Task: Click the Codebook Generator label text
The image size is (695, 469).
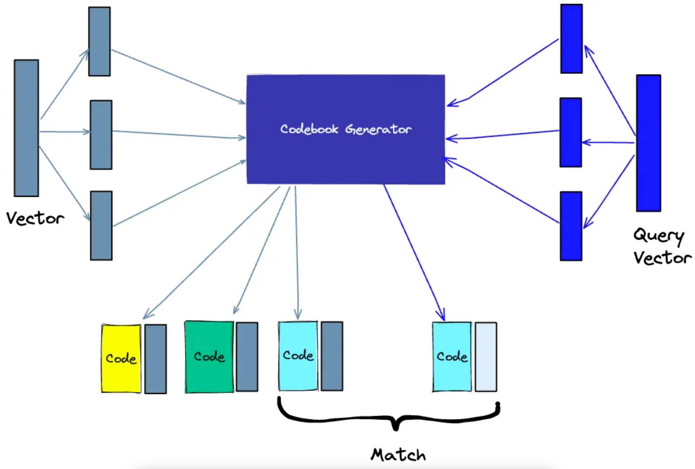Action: coord(346,129)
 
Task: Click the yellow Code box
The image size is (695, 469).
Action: coord(121,358)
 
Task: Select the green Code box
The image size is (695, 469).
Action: coord(209,357)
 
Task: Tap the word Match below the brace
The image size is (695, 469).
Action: coord(398,455)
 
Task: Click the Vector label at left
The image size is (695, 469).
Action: coord(35,218)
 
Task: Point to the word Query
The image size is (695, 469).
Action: coord(659,236)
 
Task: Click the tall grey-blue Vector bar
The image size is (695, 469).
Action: coord(26,128)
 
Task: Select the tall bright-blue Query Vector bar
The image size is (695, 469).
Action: coord(648,143)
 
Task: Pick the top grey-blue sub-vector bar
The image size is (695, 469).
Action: coord(99,41)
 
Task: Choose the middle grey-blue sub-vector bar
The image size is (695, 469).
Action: coord(101,135)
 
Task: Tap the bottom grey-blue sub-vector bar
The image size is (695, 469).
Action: coord(101,226)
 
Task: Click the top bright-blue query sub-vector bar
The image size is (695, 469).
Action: coord(571,39)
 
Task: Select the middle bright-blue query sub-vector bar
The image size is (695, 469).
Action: coord(571,132)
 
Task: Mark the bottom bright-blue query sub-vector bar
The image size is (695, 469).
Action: coord(571,226)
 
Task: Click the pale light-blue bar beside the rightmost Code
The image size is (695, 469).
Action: coord(486,357)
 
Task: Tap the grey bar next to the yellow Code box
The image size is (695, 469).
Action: coord(155,359)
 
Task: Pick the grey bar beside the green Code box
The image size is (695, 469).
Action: coord(247,357)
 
